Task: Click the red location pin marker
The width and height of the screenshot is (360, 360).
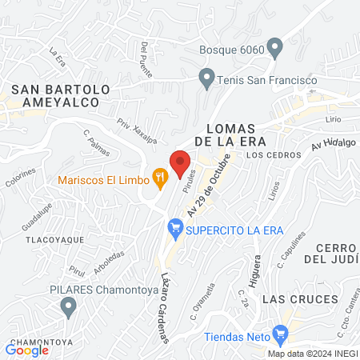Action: click(x=181, y=162)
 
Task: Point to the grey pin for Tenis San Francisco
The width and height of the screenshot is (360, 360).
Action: click(x=206, y=80)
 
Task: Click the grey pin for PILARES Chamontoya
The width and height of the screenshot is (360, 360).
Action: click(x=69, y=306)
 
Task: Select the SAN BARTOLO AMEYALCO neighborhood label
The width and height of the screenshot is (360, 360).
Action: click(x=54, y=95)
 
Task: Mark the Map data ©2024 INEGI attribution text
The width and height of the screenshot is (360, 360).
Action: click(x=311, y=354)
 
